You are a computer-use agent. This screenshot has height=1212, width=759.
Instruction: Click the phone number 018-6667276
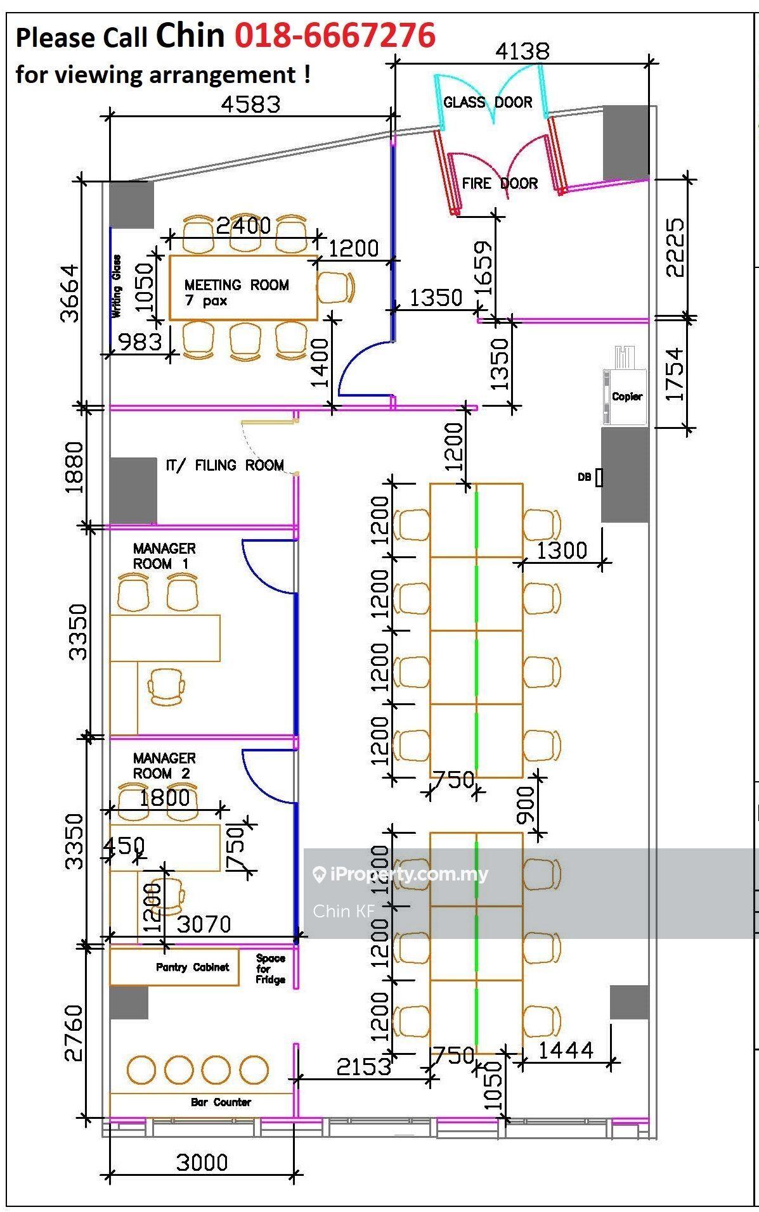click(x=335, y=34)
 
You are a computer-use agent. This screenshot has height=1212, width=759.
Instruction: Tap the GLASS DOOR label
click(x=488, y=102)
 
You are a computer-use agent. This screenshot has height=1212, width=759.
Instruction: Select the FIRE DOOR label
click(x=500, y=183)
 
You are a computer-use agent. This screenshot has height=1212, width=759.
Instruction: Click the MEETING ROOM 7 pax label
click(x=237, y=292)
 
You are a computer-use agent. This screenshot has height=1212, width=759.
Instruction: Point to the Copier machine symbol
click(x=625, y=386)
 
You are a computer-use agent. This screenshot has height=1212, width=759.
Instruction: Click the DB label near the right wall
click(x=584, y=477)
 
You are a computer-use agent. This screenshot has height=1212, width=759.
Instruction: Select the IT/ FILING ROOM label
click(x=225, y=465)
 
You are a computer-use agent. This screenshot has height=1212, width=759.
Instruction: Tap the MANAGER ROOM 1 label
click(x=164, y=556)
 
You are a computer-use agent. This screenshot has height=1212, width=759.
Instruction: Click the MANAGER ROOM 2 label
click(x=164, y=765)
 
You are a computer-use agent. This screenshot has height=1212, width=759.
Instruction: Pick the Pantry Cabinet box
click(x=174, y=967)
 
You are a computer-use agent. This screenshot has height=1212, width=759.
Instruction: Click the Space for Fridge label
click(x=271, y=969)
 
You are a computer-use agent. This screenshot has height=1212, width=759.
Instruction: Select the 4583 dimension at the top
click(x=250, y=103)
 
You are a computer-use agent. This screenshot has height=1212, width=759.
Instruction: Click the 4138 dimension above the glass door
click(x=522, y=51)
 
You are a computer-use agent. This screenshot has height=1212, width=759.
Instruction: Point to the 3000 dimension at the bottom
click(x=202, y=1163)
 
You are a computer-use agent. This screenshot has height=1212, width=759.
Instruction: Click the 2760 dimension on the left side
click(x=74, y=1033)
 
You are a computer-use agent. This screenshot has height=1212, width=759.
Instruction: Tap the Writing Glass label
click(x=117, y=286)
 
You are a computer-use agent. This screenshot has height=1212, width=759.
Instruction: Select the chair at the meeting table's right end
click(x=335, y=288)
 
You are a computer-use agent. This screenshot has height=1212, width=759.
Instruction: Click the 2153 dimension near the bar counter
click(x=364, y=1068)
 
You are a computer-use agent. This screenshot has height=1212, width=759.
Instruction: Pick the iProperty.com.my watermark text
click(x=401, y=875)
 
